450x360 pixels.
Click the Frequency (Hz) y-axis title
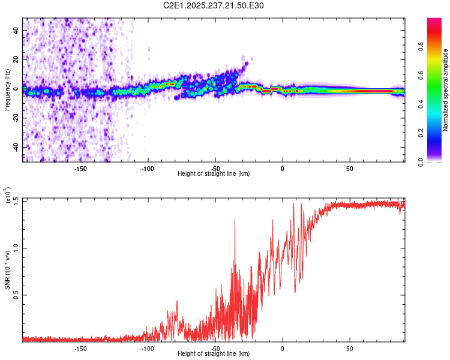point(7,89)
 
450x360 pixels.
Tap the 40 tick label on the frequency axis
point(17,31)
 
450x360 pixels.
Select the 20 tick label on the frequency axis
point(17,60)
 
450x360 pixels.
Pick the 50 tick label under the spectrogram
point(349,169)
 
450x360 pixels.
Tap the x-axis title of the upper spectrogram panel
point(214,174)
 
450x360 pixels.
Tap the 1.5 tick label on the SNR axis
point(16,200)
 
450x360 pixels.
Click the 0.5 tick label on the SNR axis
point(16,295)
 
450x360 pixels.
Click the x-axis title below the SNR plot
point(214,353)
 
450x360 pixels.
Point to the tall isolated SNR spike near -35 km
point(235,221)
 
